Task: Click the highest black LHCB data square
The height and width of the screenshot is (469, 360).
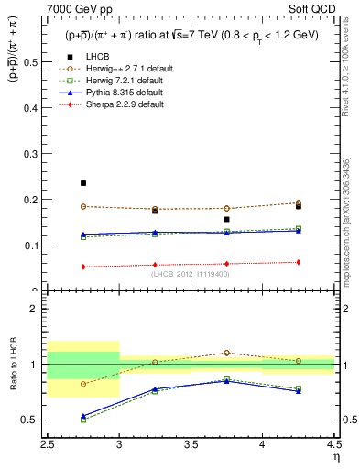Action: pyautogui.click(x=83, y=183)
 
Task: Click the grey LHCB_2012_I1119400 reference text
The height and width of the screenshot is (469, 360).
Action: pyautogui.click(x=191, y=274)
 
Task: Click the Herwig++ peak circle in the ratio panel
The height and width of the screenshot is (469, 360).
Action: pyautogui.click(x=226, y=353)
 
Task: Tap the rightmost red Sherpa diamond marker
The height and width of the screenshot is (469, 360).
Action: pyautogui.click(x=298, y=262)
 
